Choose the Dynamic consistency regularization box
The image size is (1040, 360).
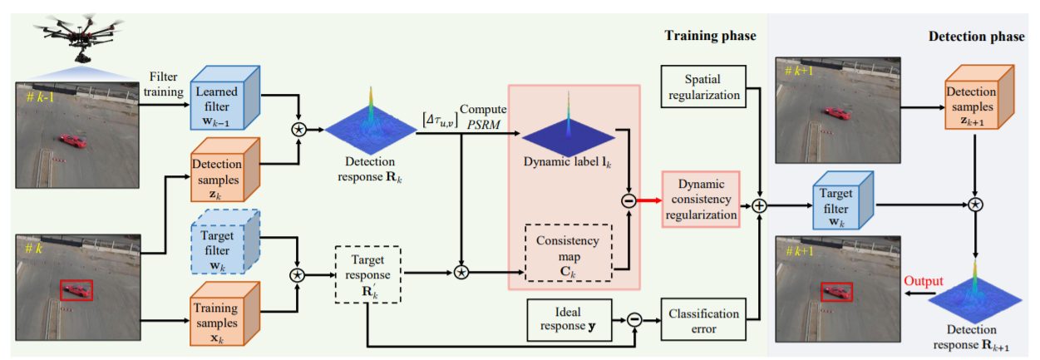(x=701, y=200)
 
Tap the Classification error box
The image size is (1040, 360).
(x=702, y=320)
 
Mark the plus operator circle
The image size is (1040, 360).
(x=758, y=204)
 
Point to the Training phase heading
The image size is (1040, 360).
(x=710, y=35)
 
